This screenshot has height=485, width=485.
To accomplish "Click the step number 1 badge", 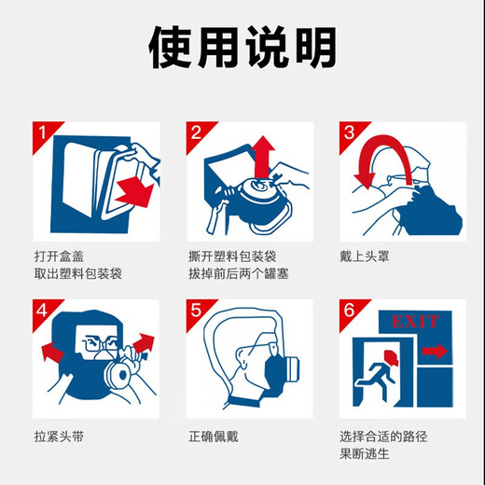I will [43, 133].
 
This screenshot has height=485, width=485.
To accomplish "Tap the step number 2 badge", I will [197, 133].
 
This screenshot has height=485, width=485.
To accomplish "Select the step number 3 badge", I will [350, 133].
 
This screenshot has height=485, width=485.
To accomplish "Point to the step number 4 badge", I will [43, 312].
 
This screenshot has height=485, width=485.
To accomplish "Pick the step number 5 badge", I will [197, 312].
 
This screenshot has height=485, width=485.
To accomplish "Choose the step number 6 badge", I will [350, 312].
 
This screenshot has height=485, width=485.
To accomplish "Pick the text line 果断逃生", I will [366, 454].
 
